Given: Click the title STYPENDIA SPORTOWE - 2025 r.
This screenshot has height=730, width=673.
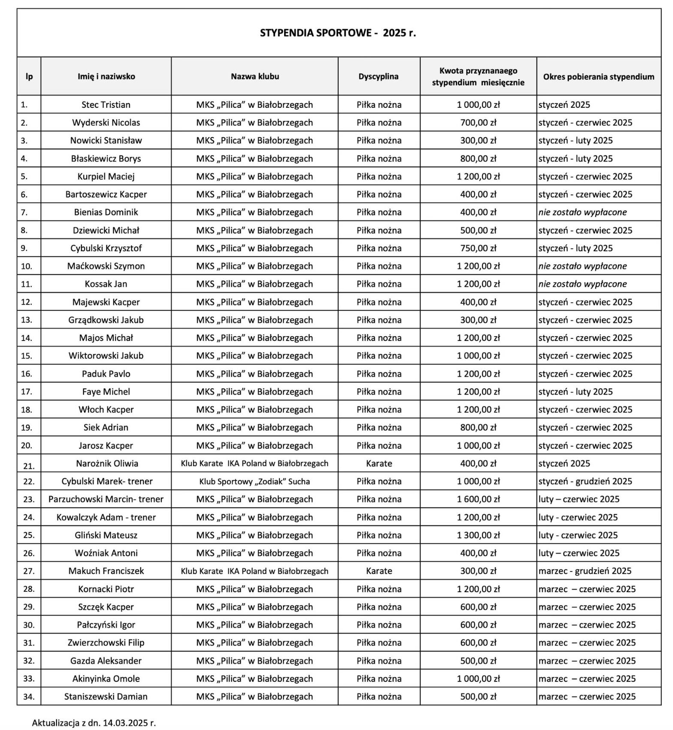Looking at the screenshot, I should (x=338, y=33).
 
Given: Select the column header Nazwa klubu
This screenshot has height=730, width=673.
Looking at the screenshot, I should (x=255, y=76).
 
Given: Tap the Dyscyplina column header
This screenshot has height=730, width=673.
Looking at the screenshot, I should (x=379, y=76).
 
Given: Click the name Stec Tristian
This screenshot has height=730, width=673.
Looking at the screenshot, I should (x=106, y=105).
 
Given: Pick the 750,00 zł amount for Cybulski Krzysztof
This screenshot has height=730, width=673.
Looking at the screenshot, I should (x=478, y=248).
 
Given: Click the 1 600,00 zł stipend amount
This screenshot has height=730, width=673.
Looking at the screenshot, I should (x=478, y=499).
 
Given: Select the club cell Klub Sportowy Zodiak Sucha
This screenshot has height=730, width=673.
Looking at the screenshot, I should (x=255, y=481).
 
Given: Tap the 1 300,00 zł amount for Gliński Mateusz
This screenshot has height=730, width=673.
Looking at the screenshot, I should (x=478, y=535).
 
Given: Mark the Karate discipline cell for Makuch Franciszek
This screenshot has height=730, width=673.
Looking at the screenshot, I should (x=379, y=571).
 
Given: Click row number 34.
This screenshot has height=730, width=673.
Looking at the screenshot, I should (x=29, y=697).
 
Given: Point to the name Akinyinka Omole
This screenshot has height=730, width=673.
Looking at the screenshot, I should (x=106, y=678).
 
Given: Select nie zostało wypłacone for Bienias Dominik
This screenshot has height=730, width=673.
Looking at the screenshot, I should (x=582, y=212).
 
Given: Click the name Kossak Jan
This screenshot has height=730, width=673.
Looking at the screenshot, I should (x=106, y=284).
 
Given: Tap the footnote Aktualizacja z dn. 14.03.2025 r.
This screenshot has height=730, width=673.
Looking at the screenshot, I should (x=94, y=723).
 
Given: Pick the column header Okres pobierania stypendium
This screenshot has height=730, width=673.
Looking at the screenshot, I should (x=598, y=76).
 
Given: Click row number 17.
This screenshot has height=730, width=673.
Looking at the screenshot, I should (x=27, y=392).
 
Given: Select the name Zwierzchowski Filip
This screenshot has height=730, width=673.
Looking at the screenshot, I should (x=106, y=642).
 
